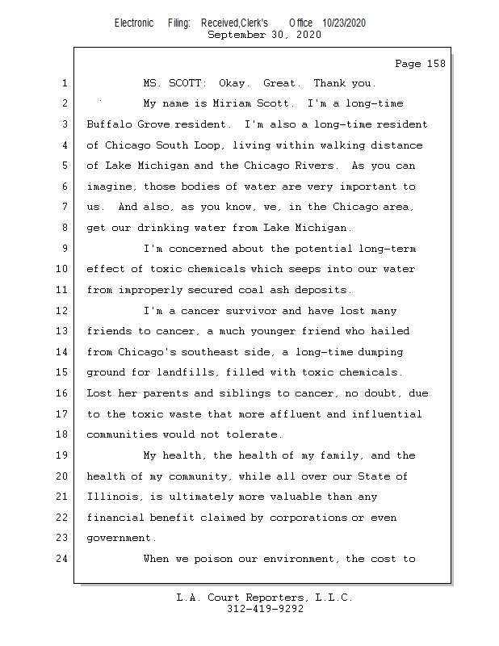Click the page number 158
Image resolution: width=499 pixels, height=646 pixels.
(432, 63)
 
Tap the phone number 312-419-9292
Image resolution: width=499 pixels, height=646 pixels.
(265, 610)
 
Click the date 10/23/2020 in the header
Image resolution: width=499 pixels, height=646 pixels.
(344, 23)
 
